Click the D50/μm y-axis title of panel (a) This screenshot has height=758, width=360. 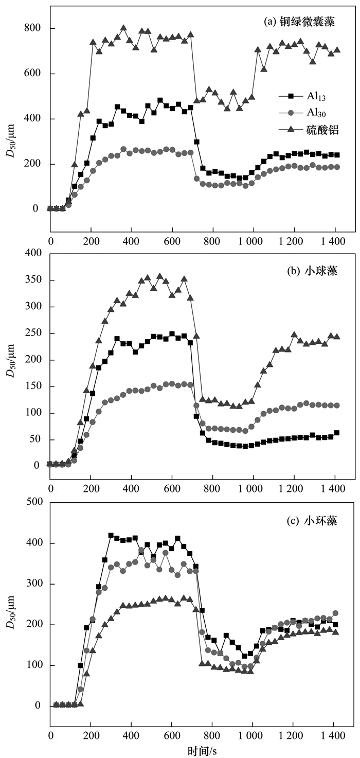click(x=10, y=139)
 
